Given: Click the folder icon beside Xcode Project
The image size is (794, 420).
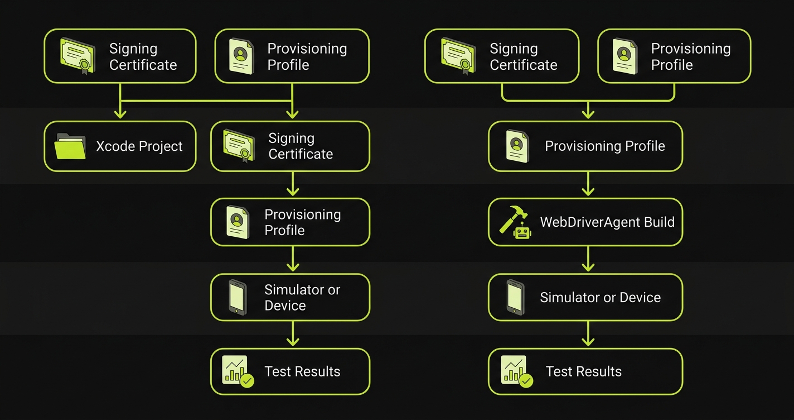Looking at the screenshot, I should coord(70,146).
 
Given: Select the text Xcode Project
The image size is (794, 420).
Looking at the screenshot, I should coord(139,146).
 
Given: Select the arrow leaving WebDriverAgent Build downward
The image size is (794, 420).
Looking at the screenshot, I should coord(587,260).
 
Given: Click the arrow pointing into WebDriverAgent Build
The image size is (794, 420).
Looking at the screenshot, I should coord(587,184).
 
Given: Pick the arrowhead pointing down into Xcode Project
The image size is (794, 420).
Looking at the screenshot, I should coord(120,113).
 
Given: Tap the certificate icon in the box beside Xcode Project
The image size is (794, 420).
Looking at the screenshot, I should coord(239,146).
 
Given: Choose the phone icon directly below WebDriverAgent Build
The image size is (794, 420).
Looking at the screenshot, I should coord(515,297).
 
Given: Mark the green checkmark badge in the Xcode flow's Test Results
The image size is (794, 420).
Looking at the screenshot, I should coord(247,381).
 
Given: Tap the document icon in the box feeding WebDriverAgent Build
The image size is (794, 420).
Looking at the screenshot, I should coord(517,146).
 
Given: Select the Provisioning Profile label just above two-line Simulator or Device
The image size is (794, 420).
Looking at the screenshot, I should coord(302,222).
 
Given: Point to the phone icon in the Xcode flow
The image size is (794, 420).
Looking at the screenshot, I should coord(238,298).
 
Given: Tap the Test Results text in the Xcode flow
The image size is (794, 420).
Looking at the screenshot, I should coord(302,371).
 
